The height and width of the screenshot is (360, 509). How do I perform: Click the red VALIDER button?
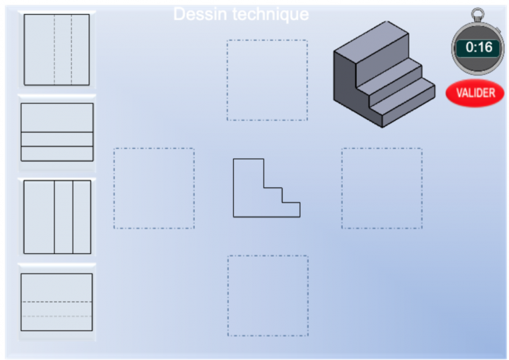click(476, 93)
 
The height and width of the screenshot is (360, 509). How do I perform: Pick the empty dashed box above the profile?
click(267, 80)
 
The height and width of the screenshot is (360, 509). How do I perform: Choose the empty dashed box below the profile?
click(267, 296)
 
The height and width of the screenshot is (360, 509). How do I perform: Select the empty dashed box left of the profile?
click(154, 188)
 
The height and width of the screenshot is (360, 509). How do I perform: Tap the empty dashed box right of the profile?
click(382, 188)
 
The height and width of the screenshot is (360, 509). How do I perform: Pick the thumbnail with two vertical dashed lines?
click(57, 50)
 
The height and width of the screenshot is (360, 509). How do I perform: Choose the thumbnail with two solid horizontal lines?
click(57, 132)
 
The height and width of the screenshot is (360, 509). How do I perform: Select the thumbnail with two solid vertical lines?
click(57, 217)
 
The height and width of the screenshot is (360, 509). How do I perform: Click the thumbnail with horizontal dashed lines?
click(57, 302)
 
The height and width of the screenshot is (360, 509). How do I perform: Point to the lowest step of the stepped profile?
click(291, 209)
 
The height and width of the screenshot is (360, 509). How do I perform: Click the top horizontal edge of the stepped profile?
click(248, 159)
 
